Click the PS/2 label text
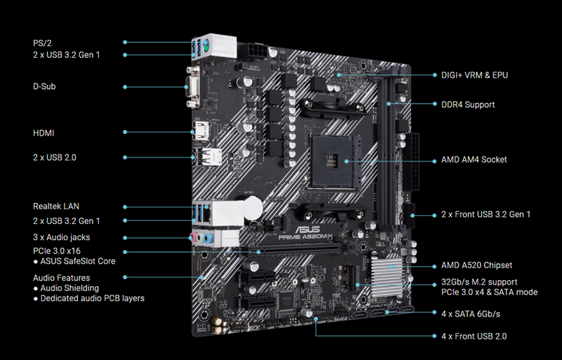[x=42, y=43]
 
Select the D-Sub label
[x=44, y=86]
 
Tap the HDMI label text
[x=43, y=133]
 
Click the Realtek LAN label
[x=56, y=206]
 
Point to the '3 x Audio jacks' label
[x=61, y=237]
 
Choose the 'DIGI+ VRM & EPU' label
[x=474, y=75]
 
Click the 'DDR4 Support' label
[x=468, y=105]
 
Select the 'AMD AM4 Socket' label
[x=474, y=159]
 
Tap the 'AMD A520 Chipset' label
[x=477, y=265]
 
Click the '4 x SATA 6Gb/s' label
[x=471, y=314]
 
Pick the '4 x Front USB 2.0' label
[x=474, y=336]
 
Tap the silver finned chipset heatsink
[x=387, y=276]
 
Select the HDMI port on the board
[x=200, y=131]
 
